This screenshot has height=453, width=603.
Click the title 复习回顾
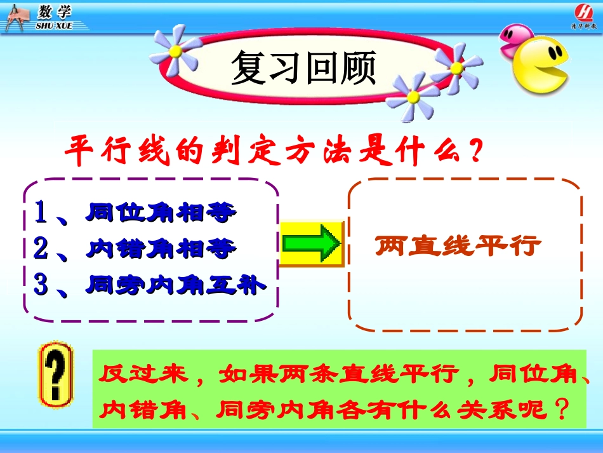[303, 69]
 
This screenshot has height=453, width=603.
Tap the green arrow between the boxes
[311, 244]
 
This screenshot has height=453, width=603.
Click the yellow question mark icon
[56, 374]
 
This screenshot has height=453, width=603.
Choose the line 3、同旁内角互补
[149, 285]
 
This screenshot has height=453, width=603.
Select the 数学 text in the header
[54, 11]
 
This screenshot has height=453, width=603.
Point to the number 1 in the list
[41, 213]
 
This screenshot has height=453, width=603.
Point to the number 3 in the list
[41, 285]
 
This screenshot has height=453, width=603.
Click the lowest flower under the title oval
[413, 96]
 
